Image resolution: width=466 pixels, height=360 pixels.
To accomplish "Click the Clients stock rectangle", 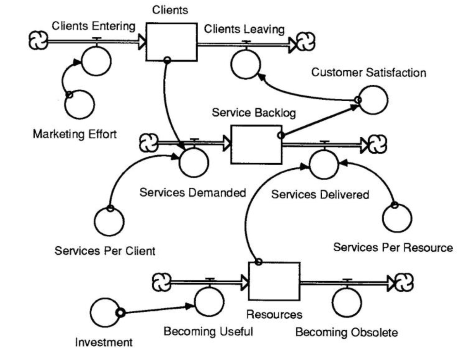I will (171, 42).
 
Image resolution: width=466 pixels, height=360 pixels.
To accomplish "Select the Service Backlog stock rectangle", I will (256, 145).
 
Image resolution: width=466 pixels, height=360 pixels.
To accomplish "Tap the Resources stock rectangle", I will (274, 281).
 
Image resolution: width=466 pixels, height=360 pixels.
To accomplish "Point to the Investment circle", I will (105, 313).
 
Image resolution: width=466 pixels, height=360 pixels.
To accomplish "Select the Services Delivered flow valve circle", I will (324, 165).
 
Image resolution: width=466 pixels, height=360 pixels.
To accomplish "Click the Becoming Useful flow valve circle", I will (209, 302).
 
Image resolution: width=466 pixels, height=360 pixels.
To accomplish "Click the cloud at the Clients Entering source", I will (38, 41).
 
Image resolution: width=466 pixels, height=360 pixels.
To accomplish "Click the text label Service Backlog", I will (254, 112).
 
